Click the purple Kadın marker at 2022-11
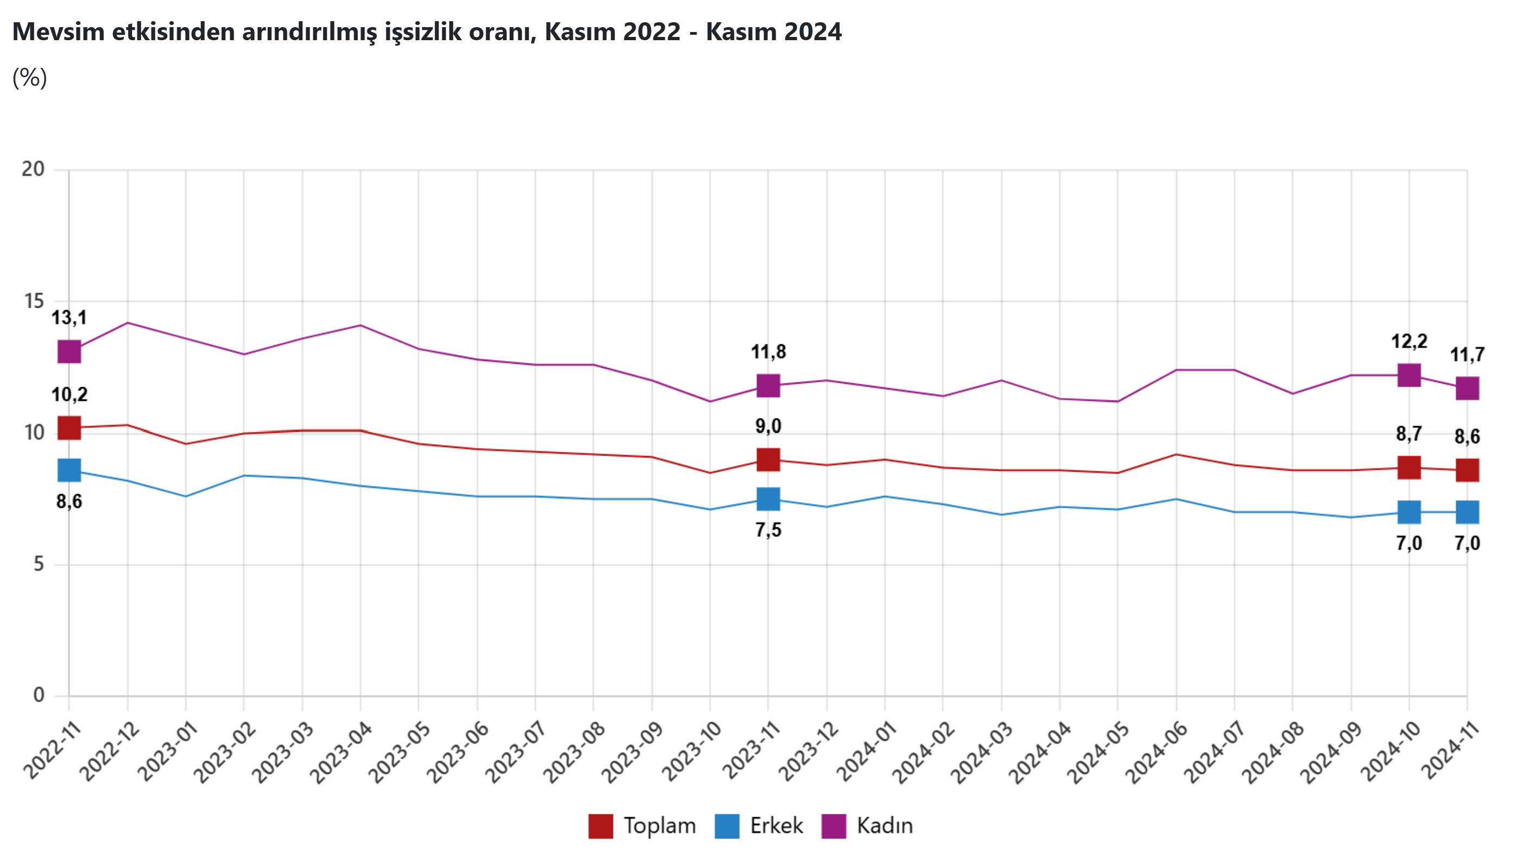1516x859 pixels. pos(69,352)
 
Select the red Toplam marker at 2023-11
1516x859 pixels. pos(768,459)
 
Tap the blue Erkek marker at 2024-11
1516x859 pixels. pos(1467,512)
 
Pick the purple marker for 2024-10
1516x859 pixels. pos(1408,375)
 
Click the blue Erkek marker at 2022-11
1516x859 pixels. pos(69,470)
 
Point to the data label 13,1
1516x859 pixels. pos(69,318)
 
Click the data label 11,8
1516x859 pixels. pos(768,352)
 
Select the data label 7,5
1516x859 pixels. pos(768,530)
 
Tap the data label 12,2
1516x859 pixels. pos(1408,341)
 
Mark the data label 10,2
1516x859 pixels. pos(69,394)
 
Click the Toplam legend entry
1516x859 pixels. pos(642,826)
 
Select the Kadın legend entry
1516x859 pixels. pos(868,826)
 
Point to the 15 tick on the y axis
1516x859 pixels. pos(34,301)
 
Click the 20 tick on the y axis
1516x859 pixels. pos(33,169)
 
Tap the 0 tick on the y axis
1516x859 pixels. pos(39,695)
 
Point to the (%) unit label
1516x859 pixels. pos(29,77)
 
